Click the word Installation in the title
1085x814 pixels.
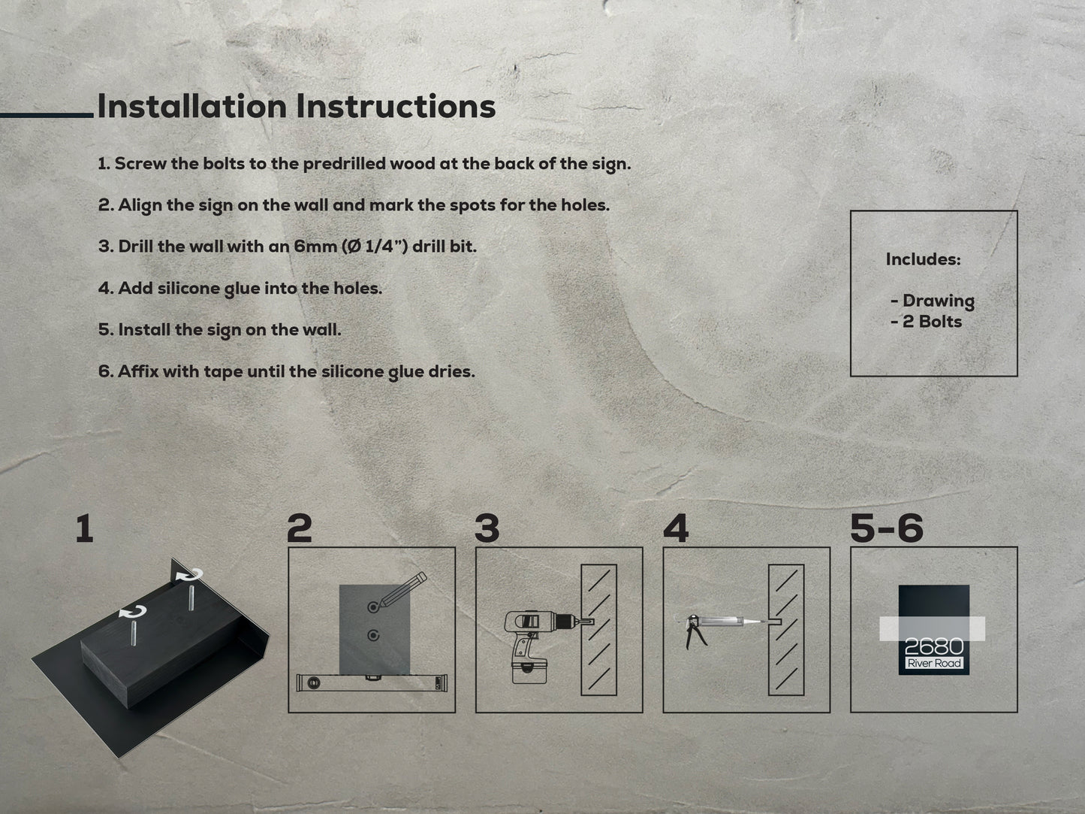192,106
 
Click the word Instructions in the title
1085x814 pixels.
396,106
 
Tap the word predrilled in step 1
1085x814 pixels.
344,165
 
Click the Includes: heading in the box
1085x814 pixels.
923,259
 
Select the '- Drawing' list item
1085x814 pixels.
933,301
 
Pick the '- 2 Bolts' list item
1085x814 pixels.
926,322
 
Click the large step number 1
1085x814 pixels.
85,528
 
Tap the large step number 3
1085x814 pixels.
487,528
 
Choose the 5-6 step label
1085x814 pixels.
886,528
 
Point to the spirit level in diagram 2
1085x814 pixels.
372,683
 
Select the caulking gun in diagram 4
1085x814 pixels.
722,628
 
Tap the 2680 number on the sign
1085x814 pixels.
934,646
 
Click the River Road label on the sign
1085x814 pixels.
934,663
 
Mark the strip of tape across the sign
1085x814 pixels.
933,628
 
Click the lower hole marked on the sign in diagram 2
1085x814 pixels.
373,635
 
